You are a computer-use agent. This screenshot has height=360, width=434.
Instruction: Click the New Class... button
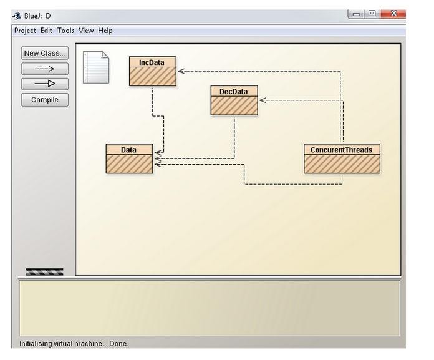44,53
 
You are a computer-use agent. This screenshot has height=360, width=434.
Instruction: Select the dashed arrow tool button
44,69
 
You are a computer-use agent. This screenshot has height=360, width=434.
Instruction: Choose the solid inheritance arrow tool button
44,84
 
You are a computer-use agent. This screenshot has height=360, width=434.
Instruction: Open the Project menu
25,31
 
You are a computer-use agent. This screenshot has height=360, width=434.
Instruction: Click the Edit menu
47,31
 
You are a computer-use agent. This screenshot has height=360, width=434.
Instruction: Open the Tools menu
65,31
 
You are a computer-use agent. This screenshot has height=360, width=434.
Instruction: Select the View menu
86,31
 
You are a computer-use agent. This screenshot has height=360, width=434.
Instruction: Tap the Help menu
105,31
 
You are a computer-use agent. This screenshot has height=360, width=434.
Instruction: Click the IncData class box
152,71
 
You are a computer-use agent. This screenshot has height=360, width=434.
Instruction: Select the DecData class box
234,100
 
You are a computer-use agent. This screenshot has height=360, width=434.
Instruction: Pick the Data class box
129,158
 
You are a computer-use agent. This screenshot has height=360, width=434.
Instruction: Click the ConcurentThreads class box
342,158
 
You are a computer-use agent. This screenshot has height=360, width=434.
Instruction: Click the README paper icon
96,67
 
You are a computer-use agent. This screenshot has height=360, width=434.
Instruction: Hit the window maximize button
372,13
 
